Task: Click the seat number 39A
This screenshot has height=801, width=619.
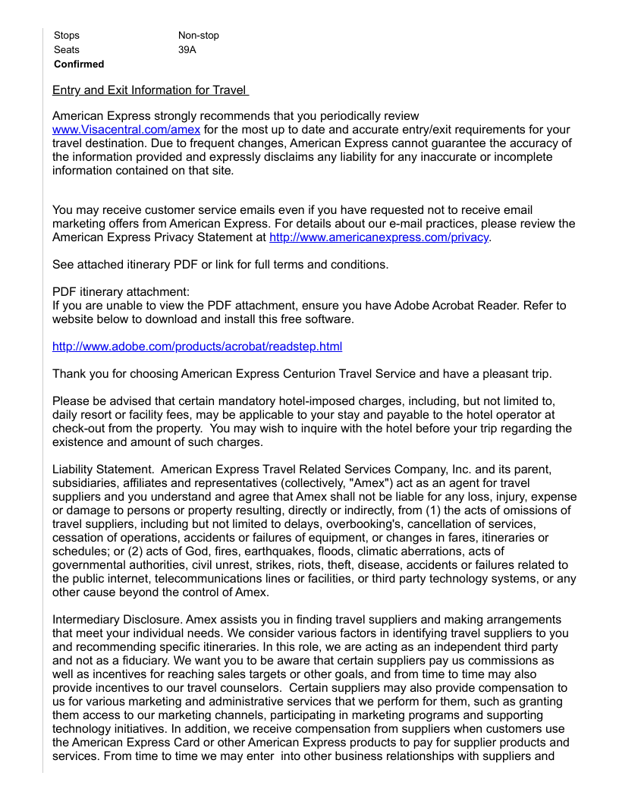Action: tap(187, 50)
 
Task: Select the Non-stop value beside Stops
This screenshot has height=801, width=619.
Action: tap(199, 36)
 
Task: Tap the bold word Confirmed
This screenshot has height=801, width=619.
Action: tap(79, 64)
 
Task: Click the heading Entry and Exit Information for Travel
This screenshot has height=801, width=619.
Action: tap(150, 90)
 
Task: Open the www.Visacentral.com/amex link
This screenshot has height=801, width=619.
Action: tap(126, 130)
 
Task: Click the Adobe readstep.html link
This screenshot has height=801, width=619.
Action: tap(197, 347)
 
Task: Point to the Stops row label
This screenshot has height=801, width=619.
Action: tap(67, 36)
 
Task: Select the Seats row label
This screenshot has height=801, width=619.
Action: tap(67, 50)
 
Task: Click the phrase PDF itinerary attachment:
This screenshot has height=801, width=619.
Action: tap(121, 292)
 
